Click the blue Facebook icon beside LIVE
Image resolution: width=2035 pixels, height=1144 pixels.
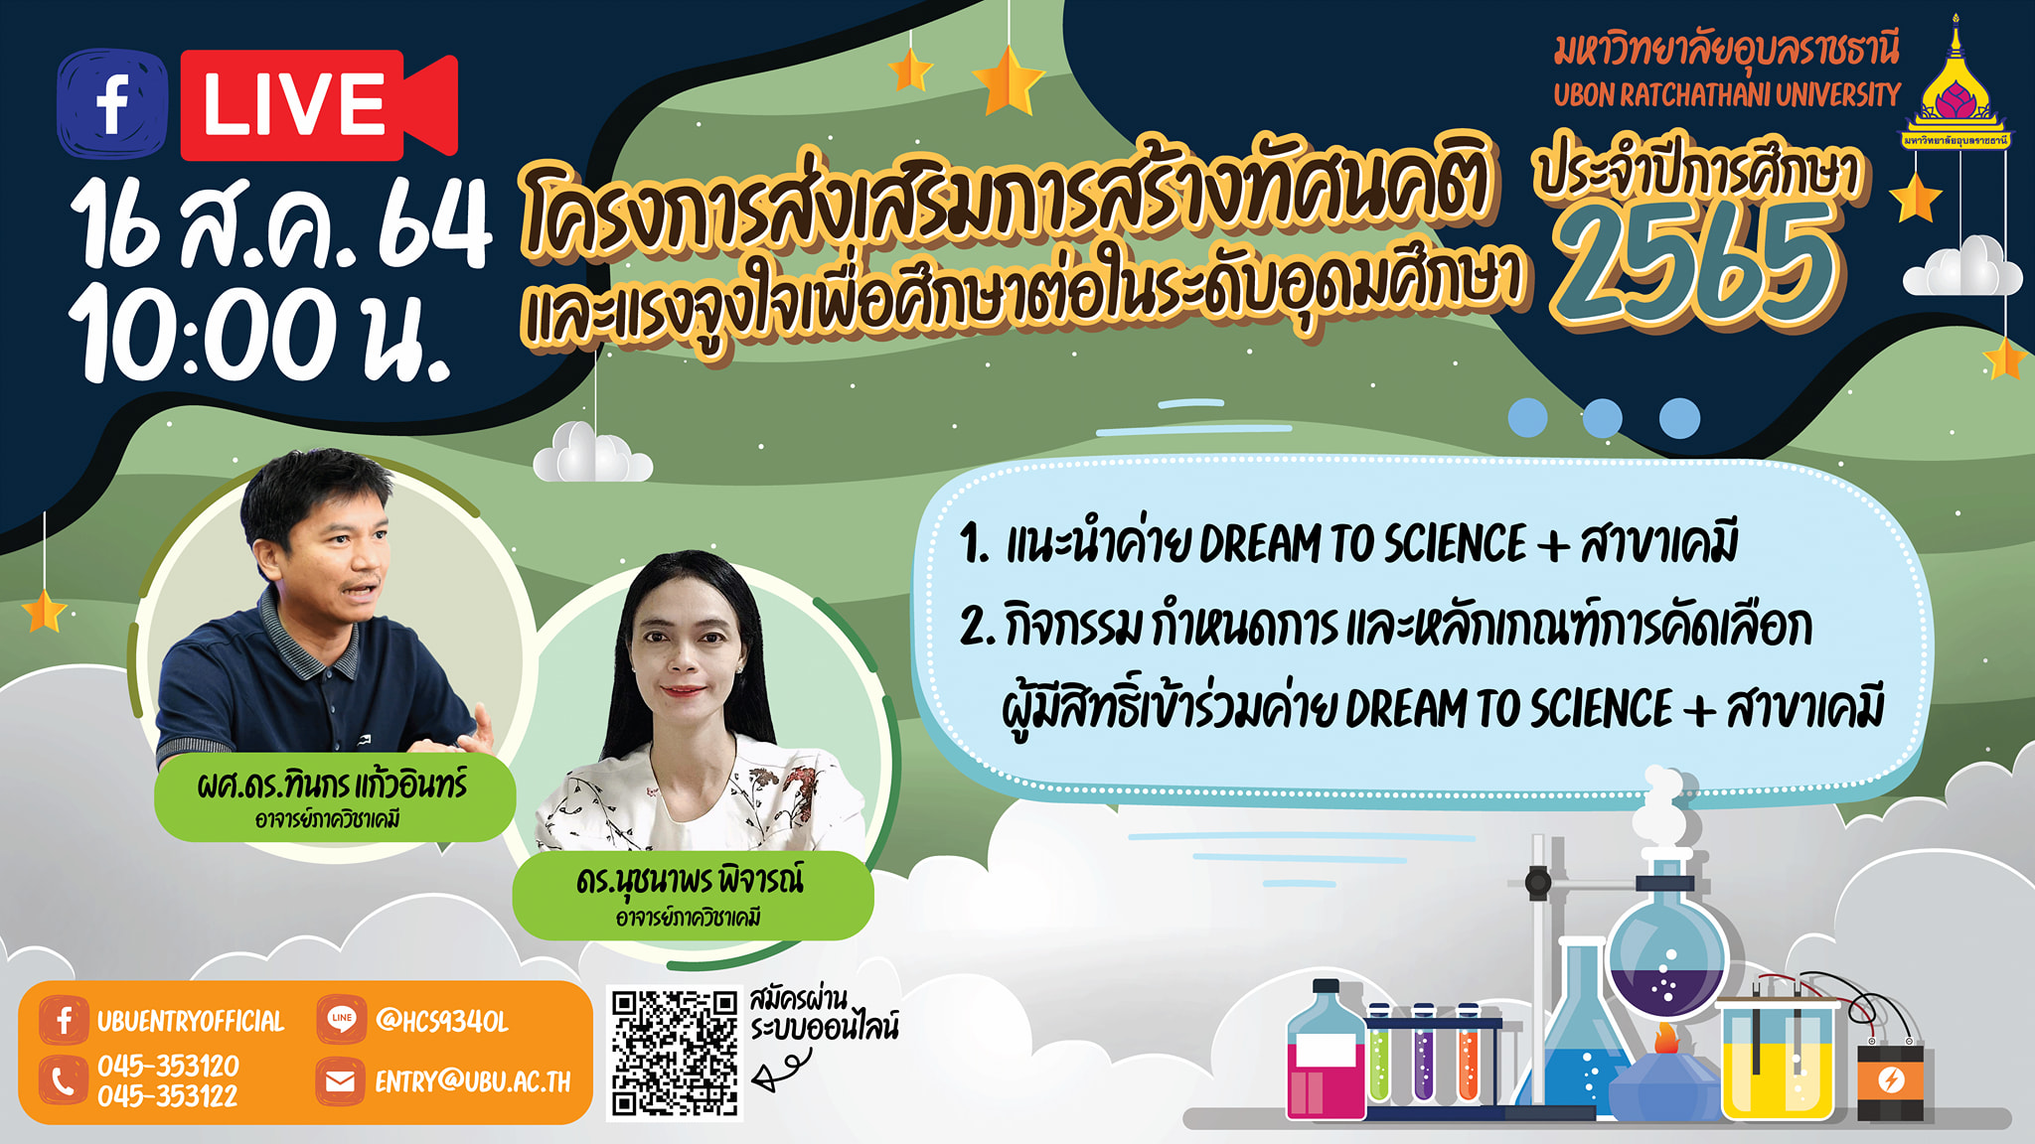click(x=112, y=104)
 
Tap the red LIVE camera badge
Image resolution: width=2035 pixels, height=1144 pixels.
click(x=319, y=104)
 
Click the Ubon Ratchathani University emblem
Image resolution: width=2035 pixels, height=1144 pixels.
click(x=1956, y=84)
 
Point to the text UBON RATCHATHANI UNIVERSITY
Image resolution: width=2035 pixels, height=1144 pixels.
click(x=1727, y=95)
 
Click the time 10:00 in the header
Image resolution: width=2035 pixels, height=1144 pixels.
click(x=204, y=334)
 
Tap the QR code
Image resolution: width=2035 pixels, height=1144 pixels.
click(x=675, y=1054)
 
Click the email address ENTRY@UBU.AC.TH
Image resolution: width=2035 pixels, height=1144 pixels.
click(x=473, y=1081)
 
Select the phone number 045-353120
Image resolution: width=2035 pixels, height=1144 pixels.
click(x=168, y=1066)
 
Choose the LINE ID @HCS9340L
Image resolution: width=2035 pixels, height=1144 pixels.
click(x=442, y=1021)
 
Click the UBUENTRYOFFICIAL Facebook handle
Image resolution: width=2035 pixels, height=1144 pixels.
click(x=191, y=1021)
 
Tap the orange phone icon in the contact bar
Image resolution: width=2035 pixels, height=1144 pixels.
click(x=63, y=1080)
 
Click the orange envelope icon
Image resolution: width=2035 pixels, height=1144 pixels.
click(x=340, y=1081)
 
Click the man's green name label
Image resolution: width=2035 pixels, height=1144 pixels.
click(x=334, y=798)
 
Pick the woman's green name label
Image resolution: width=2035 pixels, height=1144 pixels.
click(x=693, y=895)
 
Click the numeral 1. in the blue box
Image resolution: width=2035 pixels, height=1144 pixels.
click(x=974, y=544)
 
